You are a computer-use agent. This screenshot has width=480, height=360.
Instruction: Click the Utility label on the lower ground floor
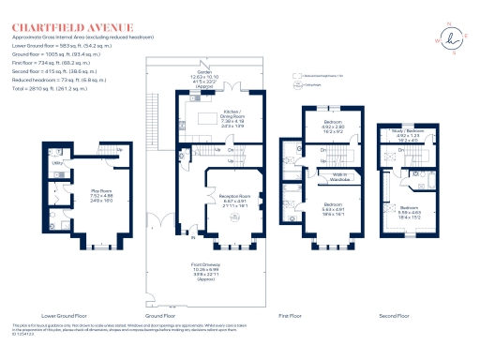(x=56, y=163)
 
